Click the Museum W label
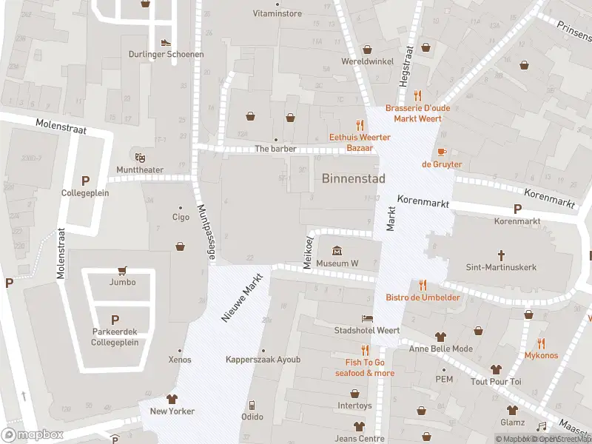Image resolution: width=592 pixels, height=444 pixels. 337,263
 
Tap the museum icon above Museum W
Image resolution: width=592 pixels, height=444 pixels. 337,251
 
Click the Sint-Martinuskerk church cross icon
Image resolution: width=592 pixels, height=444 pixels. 501,253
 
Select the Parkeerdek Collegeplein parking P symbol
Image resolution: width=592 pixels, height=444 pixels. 115,320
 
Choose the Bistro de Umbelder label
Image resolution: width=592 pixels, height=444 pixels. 423,297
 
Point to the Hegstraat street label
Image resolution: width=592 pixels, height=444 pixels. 405,66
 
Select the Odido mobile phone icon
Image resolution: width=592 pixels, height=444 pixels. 252,405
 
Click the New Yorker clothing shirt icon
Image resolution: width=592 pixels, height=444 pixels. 172,399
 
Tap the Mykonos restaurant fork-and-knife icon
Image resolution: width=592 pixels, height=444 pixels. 541,343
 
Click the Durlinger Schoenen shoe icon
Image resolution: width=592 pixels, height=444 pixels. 165,42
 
